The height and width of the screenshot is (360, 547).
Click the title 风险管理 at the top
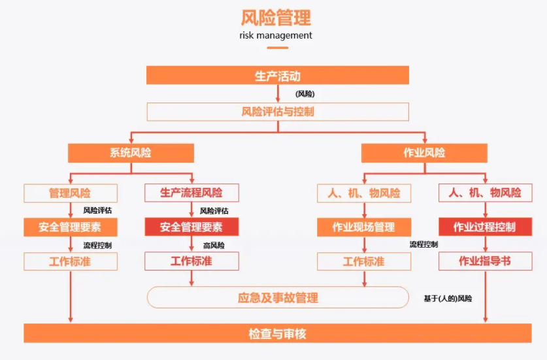[276, 17]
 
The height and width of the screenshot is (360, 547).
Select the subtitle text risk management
[276, 35]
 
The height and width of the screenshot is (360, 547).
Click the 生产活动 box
[277, 76]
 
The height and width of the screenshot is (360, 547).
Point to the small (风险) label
[305, 94]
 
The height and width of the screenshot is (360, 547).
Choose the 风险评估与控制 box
[277, 112]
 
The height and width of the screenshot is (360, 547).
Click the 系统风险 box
[131, 153]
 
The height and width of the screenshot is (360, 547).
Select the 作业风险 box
[424, 153]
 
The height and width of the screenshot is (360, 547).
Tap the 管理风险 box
[71, 193]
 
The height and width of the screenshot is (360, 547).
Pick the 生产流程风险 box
[191, 193]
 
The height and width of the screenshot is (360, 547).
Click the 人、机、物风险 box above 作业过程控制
[485, 193]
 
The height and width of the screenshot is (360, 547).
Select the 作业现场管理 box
[364, 227]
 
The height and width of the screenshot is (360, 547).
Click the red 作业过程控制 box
[485, 227]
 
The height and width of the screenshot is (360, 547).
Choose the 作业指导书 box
[485, 261]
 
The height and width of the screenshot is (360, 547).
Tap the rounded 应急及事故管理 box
[277, 298]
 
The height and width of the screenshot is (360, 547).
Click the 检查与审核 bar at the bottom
[277, 334]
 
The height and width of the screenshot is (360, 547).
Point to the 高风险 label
[214, 245]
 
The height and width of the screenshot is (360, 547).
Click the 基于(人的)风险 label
[448, 299]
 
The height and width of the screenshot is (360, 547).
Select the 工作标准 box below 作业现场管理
[364, 261]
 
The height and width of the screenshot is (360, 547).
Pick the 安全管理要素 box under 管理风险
[71, 227]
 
